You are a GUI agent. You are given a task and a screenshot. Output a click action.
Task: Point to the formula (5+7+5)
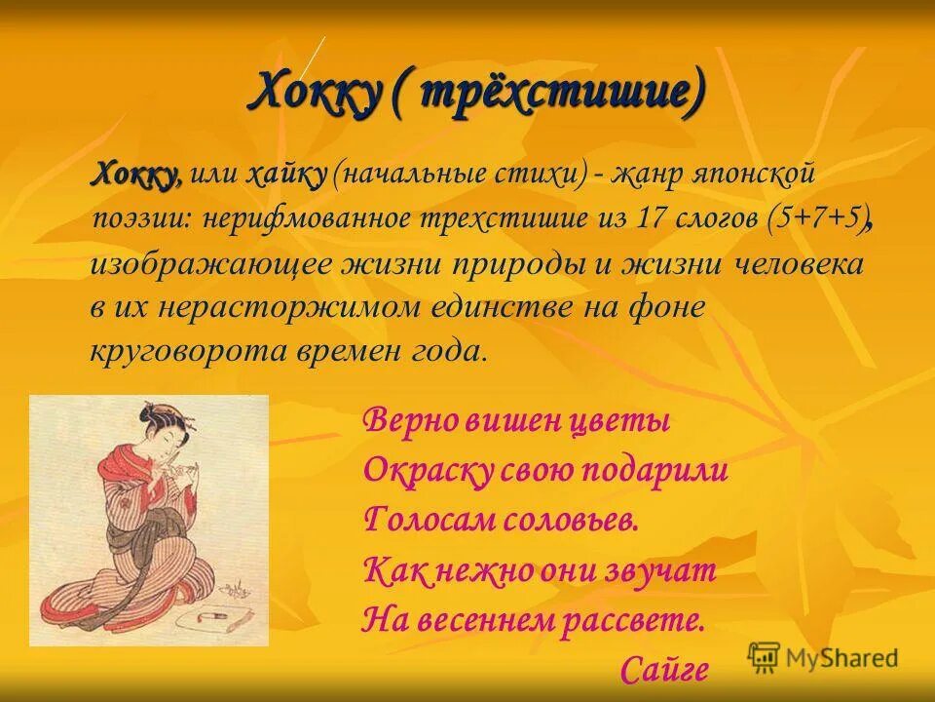817,218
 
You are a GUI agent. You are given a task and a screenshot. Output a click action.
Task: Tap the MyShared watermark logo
822,657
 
